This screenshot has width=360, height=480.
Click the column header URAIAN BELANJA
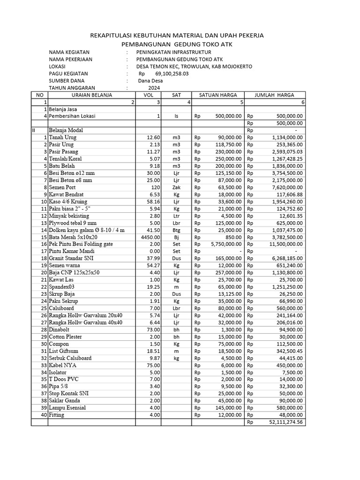click(92, 95)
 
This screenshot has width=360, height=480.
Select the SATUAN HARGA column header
click(218, 95)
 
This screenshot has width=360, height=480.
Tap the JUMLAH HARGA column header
click(274, 95)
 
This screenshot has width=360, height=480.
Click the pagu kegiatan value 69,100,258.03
click(172, 74)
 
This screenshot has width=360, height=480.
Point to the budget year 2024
click(154, 88)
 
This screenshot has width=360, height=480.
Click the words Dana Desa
click(150, 81)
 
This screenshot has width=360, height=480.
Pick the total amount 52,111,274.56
click(286, 422)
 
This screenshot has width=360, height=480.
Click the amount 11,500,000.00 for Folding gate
click(284, 244)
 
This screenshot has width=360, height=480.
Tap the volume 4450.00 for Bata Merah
click(149, 237)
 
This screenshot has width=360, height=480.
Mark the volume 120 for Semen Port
click(155, 187)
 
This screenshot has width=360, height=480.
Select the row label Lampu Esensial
click(67, 408)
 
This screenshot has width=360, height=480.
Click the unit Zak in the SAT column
click(176, 187)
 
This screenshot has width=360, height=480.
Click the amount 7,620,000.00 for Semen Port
click(286, 187)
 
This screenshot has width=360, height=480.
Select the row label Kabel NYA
click(62, 365)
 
